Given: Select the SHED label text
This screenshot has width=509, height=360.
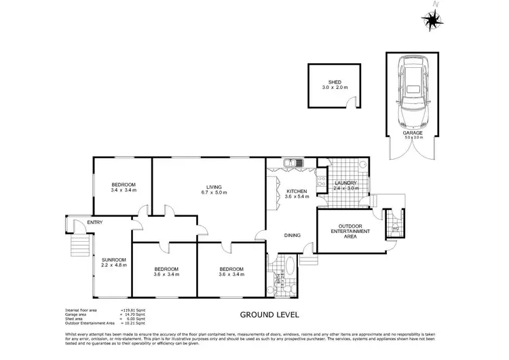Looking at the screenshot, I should pyautogui.click(x=334, y=82).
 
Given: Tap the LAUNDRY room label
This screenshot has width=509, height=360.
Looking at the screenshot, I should pyautogui.click(x=346, y=183).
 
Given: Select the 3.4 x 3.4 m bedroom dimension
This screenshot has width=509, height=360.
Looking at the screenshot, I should pyautogui.click(x=124, y=190).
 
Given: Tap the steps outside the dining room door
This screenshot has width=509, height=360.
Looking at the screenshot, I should pyautogui.click(x=309, y=260).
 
